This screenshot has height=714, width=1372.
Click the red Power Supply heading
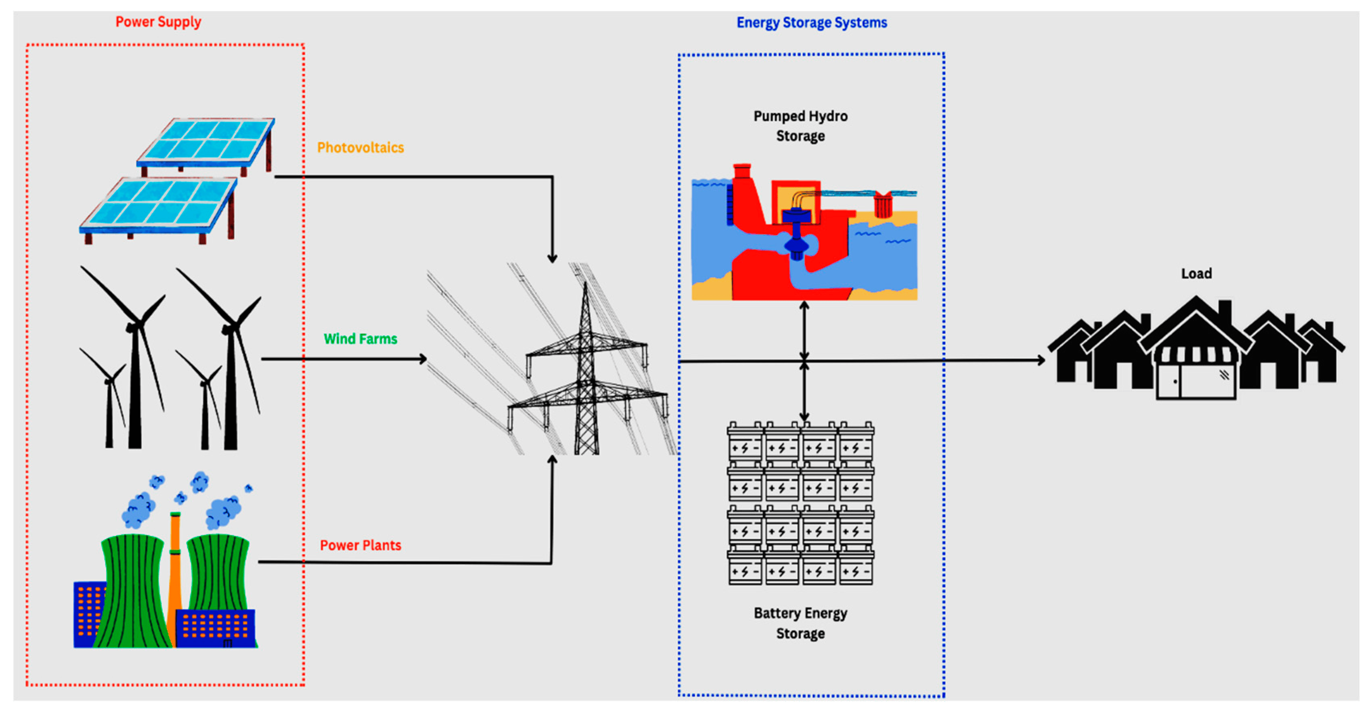point(158,22)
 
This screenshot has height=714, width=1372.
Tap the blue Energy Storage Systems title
point(811,23)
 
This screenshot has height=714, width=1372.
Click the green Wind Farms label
point(360,339)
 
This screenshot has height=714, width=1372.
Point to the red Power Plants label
point(360,545)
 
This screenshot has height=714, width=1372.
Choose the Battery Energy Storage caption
point(800,623)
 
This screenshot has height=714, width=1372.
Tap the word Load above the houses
point(1196,274)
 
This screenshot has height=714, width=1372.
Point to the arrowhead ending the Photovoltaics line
point(552,258)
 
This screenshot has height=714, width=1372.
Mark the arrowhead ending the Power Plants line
point(552,459)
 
